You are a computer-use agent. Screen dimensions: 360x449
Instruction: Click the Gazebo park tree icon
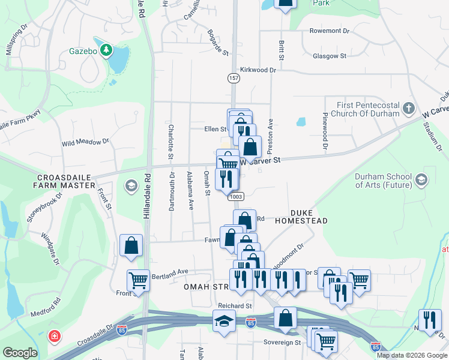tap(106, 50)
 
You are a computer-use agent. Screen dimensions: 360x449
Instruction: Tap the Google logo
tap(20, 353)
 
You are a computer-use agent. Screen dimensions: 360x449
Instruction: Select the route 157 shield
tap(233, 79)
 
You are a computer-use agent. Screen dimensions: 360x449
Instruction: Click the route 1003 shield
tap(235, 196)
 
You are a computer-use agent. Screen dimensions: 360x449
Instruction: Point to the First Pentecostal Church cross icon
tap(409, 109)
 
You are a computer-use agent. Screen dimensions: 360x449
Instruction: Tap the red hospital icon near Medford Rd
tap(55, 337)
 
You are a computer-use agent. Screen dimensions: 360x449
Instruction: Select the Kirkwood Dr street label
tap(258, 70)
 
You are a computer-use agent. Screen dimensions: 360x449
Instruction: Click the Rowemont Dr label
tap(329, 31)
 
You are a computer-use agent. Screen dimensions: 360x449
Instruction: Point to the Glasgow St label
tap(330, 56)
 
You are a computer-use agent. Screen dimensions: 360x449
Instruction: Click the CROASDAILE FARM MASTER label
tap(66, 181)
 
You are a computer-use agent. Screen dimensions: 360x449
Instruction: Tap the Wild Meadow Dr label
tap(85, 143)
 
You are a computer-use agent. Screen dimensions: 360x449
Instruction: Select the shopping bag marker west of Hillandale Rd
tap(131, 245)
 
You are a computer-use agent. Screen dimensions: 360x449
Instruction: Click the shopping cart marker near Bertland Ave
tap(139, 280)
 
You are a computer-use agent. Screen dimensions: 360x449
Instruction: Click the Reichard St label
tap(235, 306)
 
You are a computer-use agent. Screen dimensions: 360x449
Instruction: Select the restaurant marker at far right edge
tap(430, 319)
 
